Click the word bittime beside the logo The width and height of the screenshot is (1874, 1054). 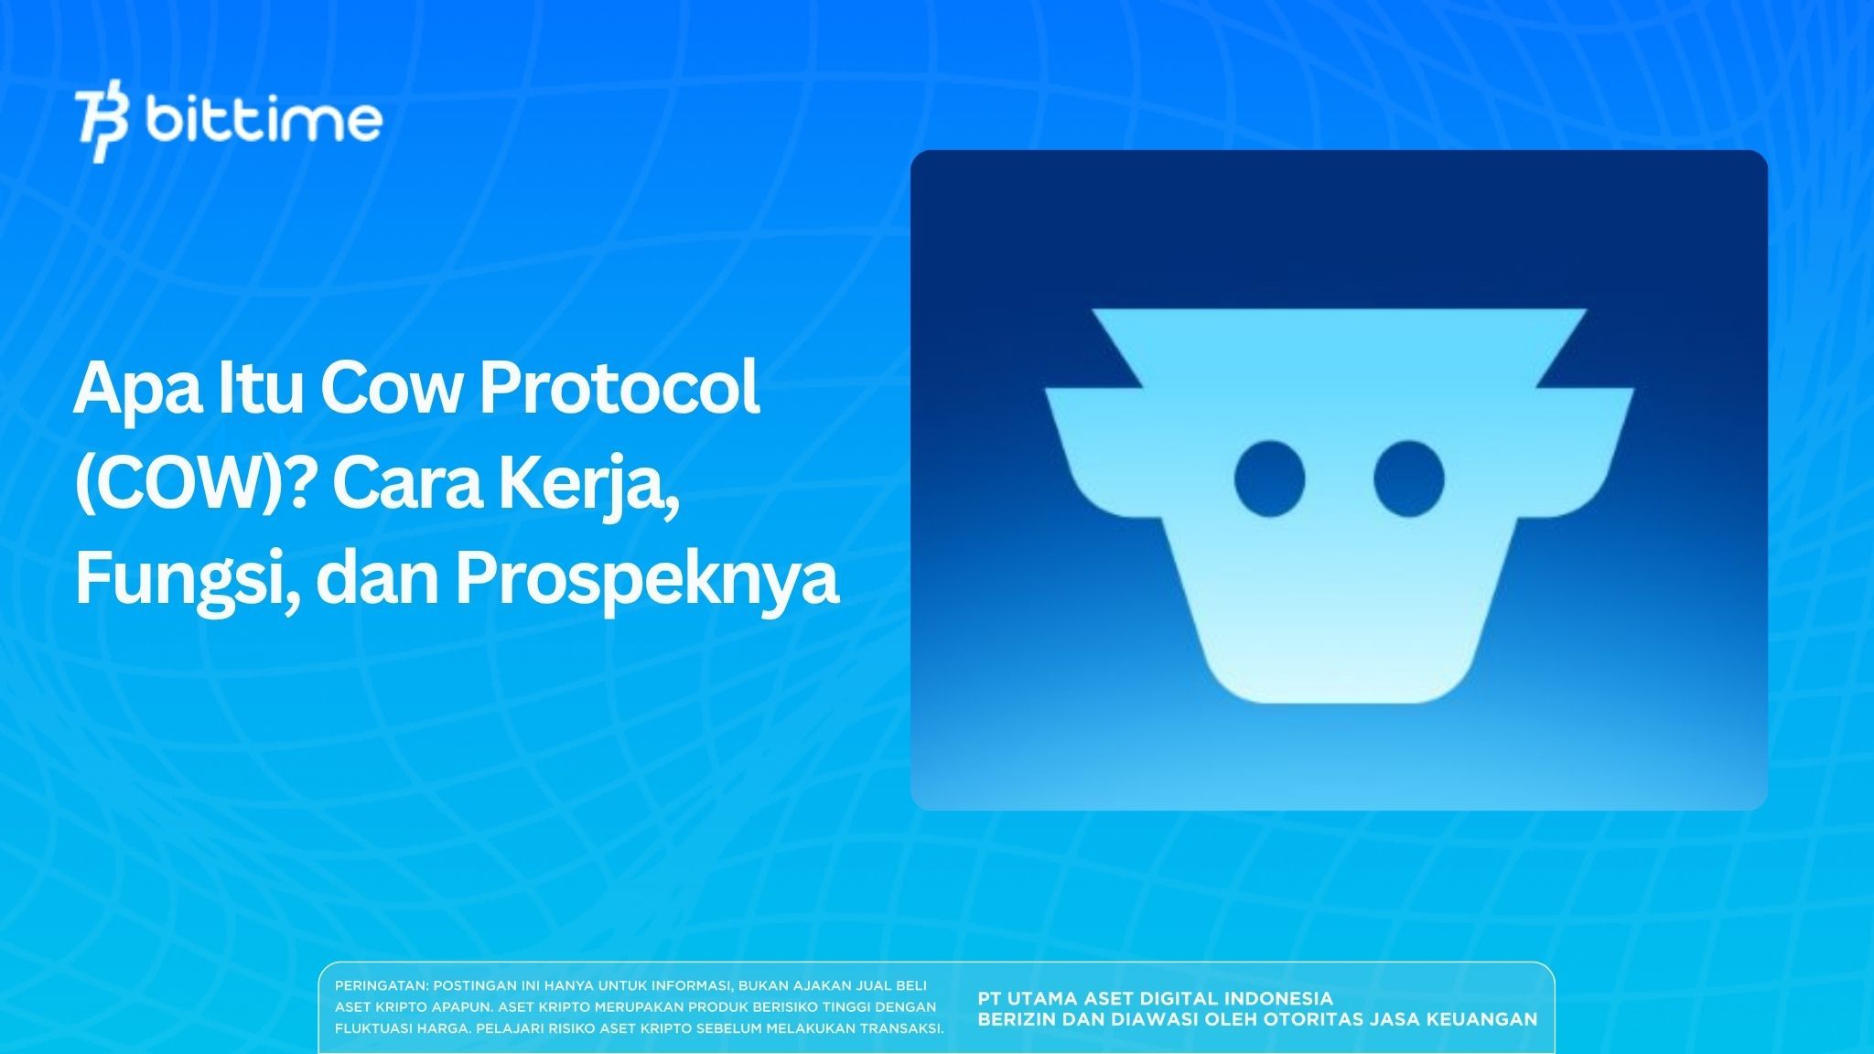[x=264, y=120]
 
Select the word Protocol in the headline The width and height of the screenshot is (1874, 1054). [x=619, y=389]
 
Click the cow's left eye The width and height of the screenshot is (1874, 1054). [x=1269, y=478]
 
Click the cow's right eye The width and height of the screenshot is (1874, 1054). [x=1409, y=478]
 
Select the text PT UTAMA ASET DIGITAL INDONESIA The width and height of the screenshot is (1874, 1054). [x=1155, y=998]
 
